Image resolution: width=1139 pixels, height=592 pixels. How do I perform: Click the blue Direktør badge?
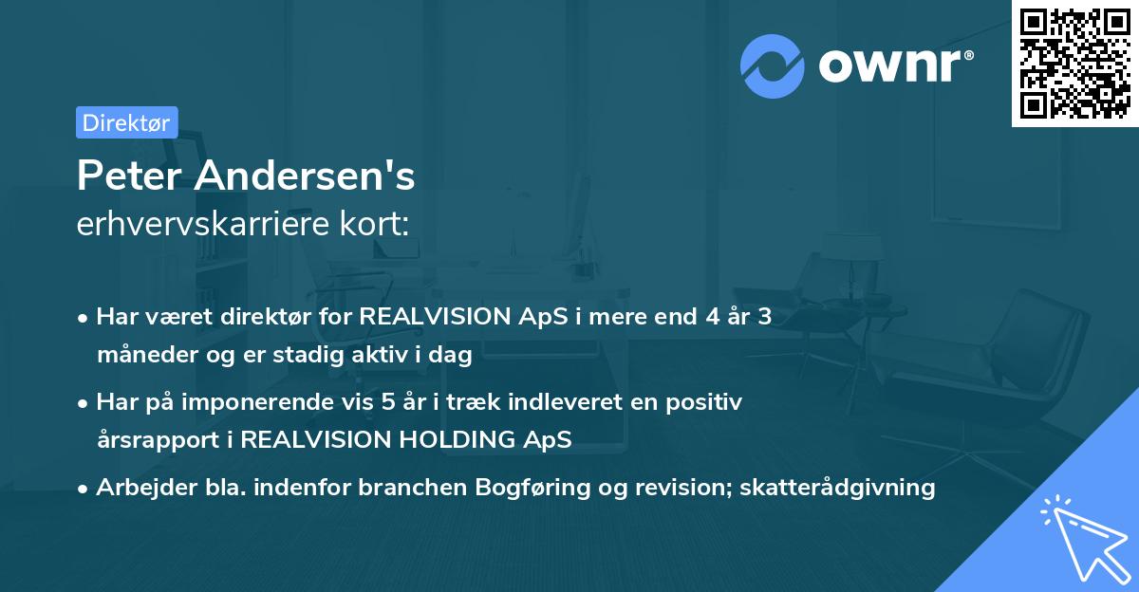coord(127,122)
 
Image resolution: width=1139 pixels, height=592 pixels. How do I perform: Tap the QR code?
coord(1075,64)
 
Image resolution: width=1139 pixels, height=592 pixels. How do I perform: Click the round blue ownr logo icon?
coord(772,66)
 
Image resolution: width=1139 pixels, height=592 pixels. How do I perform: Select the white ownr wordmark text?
coord(889,66)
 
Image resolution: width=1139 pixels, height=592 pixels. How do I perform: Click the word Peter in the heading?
coord(129,176)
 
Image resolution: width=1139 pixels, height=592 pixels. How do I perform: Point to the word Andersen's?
coord(304,176)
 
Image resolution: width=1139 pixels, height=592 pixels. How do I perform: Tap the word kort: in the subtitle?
coord(374,223)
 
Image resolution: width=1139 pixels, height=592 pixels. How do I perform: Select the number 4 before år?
coord(713,317)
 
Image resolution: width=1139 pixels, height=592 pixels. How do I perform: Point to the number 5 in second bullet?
coord(388,402)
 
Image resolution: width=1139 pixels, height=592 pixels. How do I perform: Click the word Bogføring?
coord(532,489)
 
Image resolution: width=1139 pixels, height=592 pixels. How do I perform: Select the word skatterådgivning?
coord(837,489)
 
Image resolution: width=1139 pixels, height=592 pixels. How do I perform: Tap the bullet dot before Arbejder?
coord(82,490)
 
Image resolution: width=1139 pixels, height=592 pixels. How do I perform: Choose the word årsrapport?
coord(159,440)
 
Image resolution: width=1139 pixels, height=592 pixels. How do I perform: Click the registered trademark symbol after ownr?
coord(968,55)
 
